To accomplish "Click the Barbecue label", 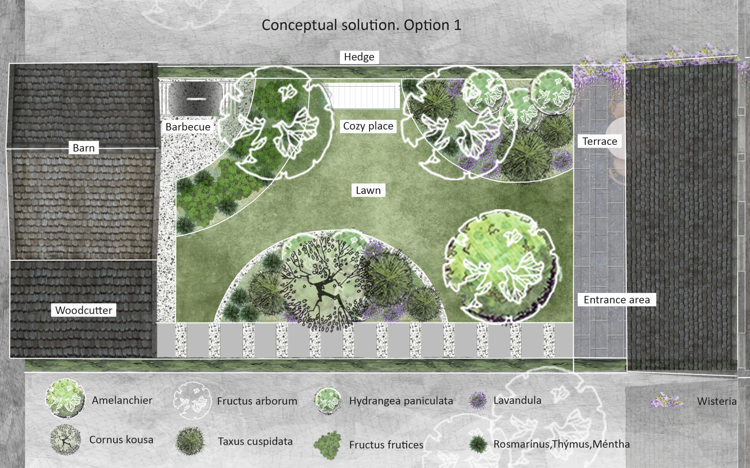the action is (x=188, y=127).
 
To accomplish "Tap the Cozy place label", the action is (x=368, y=126).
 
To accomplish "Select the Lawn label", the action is (x=368, y=190).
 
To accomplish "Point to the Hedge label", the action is (x=359, y=57).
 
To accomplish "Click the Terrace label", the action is (x=600, y=141).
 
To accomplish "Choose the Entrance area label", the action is (x=616, y=300).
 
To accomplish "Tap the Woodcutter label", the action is (x=84, y=310).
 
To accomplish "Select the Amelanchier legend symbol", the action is (x=65, y=399).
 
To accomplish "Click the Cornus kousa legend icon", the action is (x=65, y=440).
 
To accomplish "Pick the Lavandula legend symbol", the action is (x=478, y=400).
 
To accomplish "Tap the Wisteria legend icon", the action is (x=666, y=400).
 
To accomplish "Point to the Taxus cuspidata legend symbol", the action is (x=190, y=441).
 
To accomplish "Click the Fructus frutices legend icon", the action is (x=328, y=445).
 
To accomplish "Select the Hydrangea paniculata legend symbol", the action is (x=328, y=400).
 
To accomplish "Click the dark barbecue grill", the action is (x=195, y=99).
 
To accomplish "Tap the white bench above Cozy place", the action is (x=362, y=96).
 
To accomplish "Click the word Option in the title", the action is (x=427, y=25).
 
